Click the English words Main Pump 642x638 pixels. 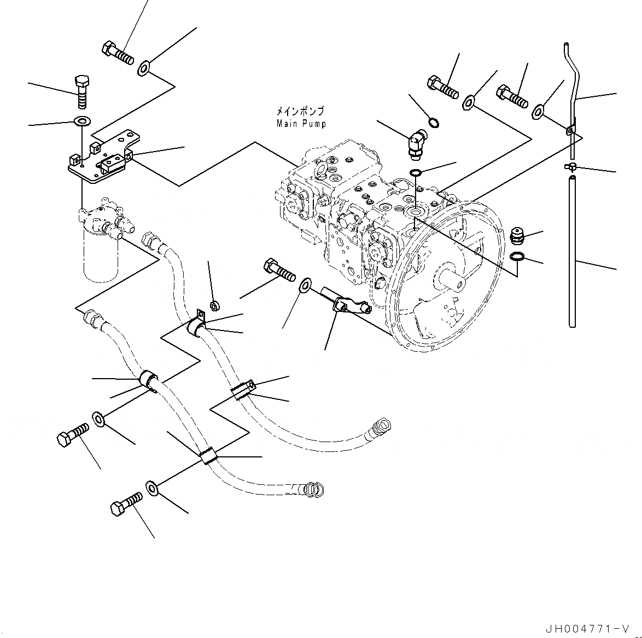(301, 124)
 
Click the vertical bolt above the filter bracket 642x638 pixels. (81, 92)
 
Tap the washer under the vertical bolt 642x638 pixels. (83, 121)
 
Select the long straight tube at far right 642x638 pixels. (572, 252)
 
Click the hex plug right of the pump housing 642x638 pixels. (517, 236)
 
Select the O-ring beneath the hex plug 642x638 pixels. (516, 257)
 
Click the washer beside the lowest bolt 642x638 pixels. (152, 487)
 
